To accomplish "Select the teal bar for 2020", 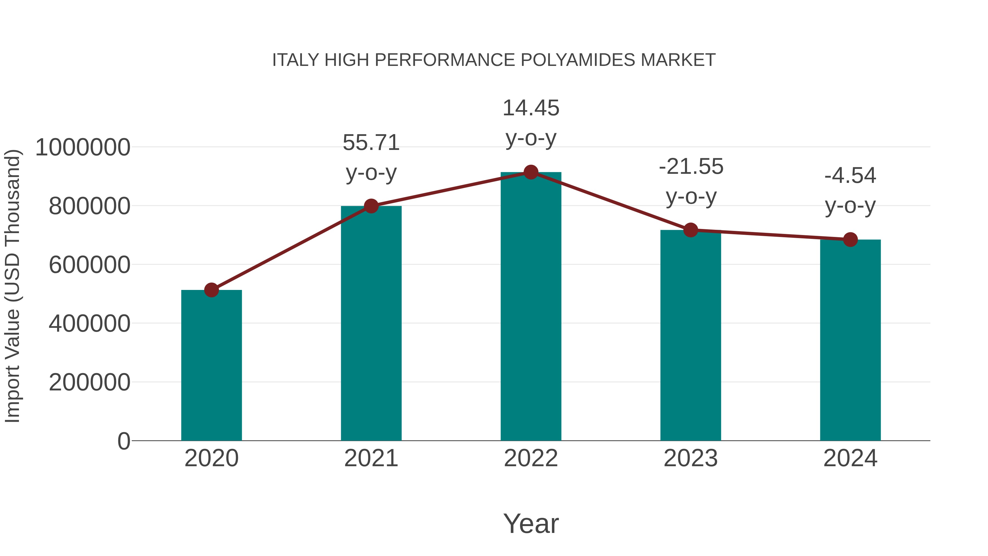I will coord(211,365).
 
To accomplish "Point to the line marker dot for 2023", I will coord(691,230).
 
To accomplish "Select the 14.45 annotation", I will coord(531,108).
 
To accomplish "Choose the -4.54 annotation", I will coord(850,176).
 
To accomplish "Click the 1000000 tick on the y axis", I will coord(82,147).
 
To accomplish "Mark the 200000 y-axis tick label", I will coord(89,382).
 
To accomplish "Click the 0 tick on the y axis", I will coord(123,441).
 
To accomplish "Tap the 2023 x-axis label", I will coord(691,458).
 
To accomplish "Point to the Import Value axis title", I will coord(12,286).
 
